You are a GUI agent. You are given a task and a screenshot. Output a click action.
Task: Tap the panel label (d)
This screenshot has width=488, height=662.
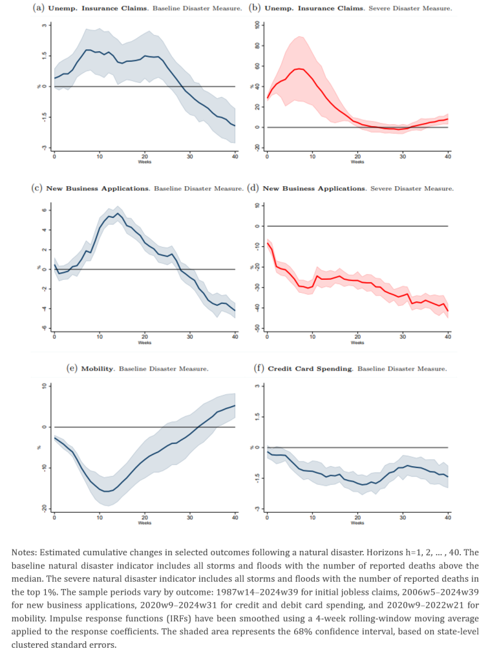(253, 188)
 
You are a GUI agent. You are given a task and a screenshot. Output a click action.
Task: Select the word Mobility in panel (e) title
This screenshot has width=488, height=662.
(97, 368)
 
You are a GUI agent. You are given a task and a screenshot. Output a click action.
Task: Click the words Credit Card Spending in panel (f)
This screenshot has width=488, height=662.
(310, 368)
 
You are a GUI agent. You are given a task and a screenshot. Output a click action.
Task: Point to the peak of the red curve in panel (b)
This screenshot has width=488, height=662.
(299, 69)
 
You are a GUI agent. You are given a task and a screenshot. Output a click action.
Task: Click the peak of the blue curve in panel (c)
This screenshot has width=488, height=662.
(117, 213)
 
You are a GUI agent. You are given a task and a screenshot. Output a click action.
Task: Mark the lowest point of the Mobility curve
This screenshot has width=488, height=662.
(107, 491)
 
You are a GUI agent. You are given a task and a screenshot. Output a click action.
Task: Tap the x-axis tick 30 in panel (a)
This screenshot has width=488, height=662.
(190, 156)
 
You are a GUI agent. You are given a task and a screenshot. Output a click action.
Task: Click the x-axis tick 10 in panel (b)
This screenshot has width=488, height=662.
(312, 156)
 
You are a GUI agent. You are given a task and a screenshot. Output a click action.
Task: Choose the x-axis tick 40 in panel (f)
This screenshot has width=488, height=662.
(447, 517)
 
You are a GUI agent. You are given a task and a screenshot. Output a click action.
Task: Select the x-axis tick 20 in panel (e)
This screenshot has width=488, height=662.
(145, 517)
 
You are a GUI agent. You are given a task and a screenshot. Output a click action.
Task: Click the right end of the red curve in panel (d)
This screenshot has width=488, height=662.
(447, 311)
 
